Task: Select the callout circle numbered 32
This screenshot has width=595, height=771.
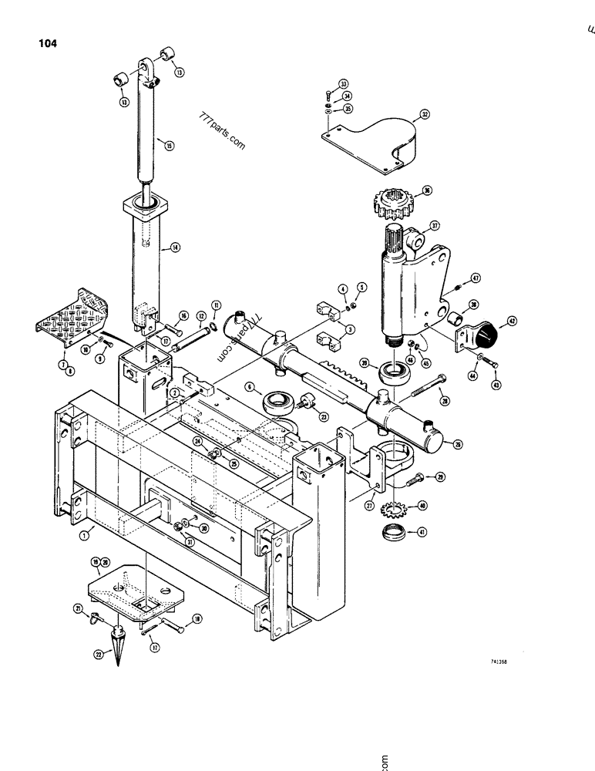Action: (423, 116)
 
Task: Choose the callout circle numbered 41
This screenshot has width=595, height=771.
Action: (422, 532)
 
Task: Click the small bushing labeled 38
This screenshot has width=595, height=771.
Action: (454, 318)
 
